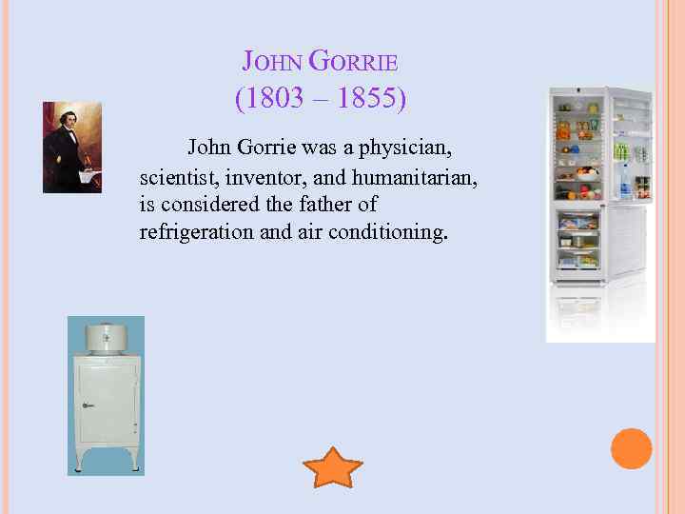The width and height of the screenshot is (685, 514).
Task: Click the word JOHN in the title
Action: click(272, 63)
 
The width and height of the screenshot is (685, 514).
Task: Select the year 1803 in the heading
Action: click(272, 99)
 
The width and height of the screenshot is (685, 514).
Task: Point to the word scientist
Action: click(176, 177)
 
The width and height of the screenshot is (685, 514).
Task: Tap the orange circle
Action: click(631, 448)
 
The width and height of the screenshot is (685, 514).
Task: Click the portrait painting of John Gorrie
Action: click(72, 148)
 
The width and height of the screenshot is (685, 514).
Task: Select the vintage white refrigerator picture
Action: click(106, 395)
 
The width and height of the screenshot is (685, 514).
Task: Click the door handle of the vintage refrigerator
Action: click(87, 405)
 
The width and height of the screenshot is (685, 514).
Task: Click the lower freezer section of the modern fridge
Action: click(579, 244)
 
